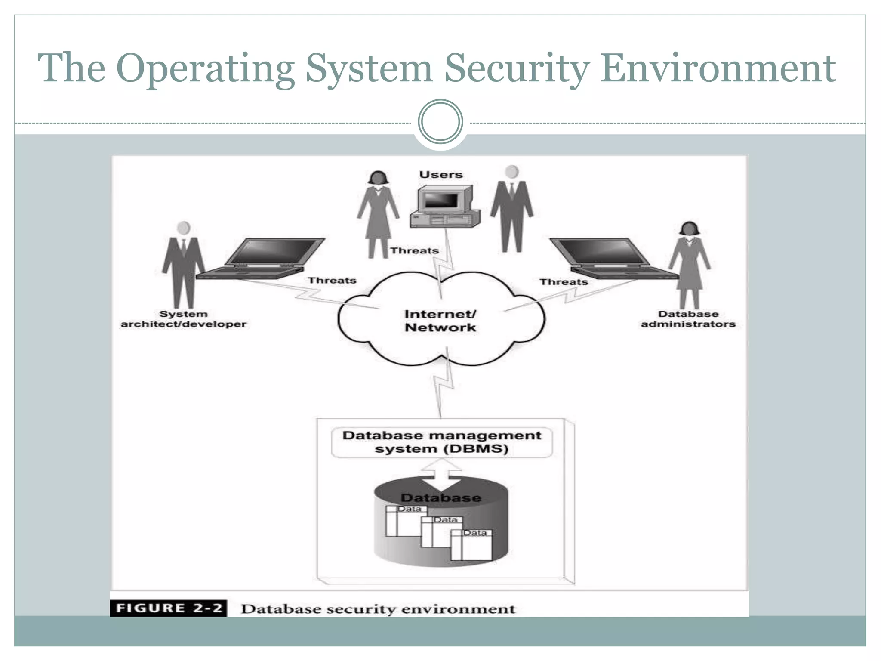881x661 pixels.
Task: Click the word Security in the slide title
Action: pos(517,69)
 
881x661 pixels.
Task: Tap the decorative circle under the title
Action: pos(440,121)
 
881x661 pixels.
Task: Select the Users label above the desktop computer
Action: pos(441,175)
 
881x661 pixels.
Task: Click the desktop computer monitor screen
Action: pos(441,200)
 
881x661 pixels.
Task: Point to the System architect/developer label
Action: pos(183,319)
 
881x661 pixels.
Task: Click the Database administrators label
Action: pos(688,319)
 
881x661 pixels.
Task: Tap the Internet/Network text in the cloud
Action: pos(440,321)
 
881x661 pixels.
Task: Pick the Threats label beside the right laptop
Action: pos(564,282)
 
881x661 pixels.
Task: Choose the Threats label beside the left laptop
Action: pos(332,281)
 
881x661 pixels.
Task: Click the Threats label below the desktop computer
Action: pos(414,250)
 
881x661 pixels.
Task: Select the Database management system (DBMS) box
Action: pos(441,442)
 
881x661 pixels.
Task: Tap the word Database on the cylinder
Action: pos(441,498)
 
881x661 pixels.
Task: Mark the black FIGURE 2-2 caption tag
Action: pos(169,608)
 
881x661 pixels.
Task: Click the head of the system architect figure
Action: pos(184,228)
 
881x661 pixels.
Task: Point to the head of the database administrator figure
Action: pos(689,229)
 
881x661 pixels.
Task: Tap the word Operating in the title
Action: pos(205,69)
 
